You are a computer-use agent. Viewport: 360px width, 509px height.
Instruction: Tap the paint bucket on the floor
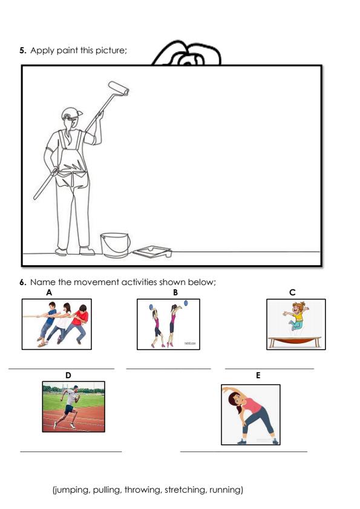coord(114,245)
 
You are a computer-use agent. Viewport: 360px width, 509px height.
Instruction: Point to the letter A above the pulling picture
coord(49,292)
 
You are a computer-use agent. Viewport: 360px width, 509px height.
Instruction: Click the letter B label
coord(175,292)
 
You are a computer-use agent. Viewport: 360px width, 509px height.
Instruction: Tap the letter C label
coord(292,292)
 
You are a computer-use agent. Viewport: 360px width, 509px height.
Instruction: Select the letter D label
coord(68,375)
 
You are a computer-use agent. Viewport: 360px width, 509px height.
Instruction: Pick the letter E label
coord(258,375)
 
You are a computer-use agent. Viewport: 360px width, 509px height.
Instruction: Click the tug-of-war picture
coord(56,324)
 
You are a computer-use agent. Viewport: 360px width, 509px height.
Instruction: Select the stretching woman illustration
coord(250,415)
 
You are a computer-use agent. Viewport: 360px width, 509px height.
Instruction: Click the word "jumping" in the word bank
coord(71,490)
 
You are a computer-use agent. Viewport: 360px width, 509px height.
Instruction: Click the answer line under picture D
coord(71,450)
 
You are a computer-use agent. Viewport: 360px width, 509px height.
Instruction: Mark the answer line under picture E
coord(243,450)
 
